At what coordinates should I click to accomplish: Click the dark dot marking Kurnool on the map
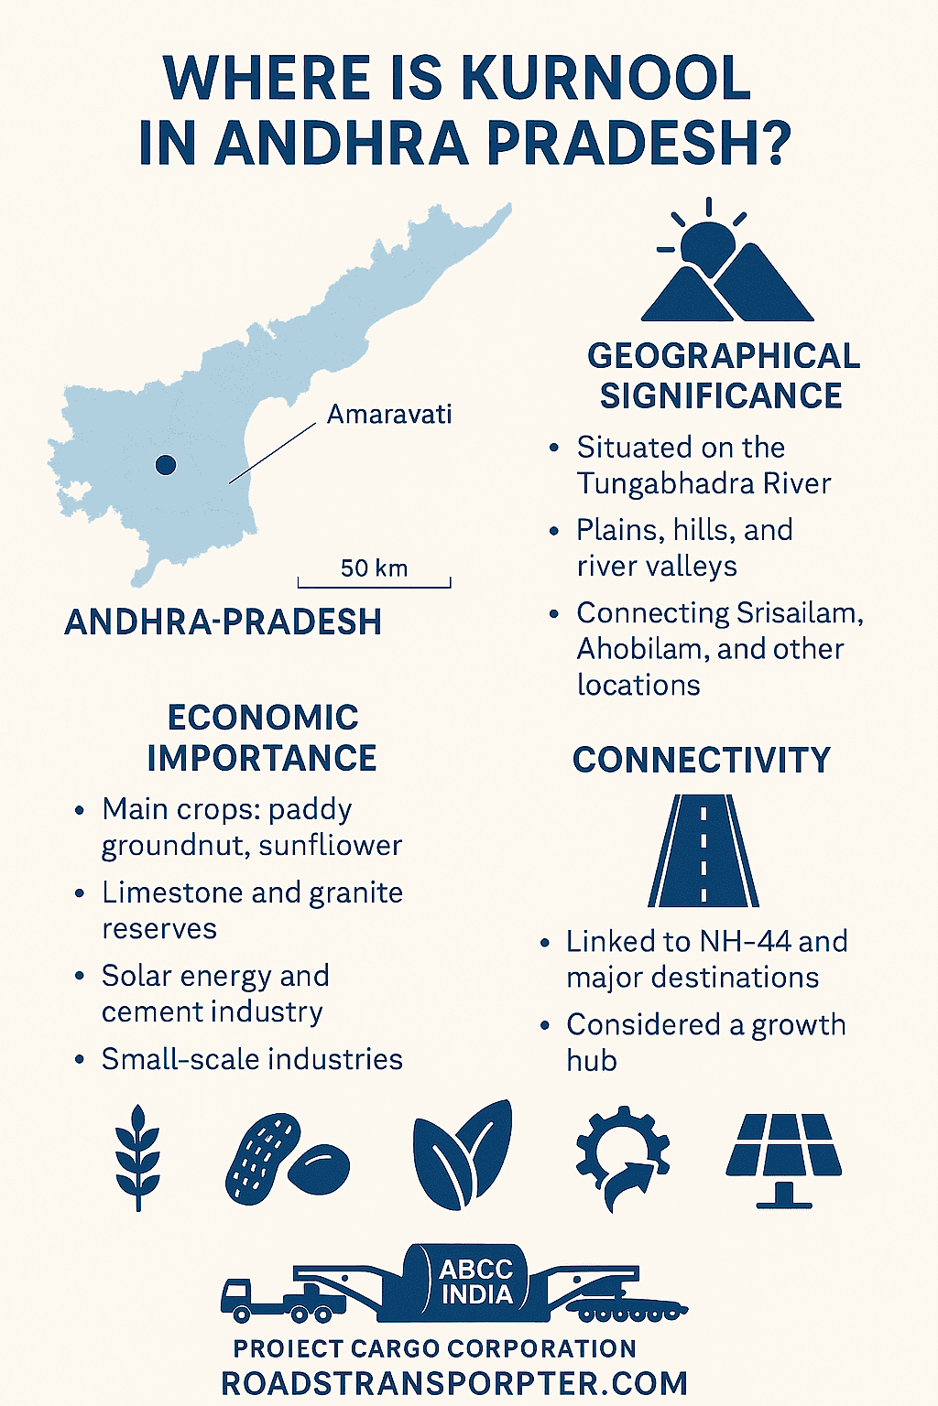166,465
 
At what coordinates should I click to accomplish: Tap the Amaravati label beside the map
389,415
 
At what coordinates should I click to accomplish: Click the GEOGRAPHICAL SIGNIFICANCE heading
723,375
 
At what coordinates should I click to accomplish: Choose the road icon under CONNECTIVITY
703,850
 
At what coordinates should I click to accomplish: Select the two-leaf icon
463,1156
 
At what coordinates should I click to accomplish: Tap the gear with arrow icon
623,1158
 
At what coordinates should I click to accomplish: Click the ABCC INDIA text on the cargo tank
476,1282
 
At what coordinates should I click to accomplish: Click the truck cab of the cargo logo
240,1296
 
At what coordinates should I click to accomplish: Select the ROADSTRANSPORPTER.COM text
454,1383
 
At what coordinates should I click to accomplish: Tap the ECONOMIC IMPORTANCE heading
263,738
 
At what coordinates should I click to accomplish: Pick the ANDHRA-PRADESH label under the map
223,622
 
